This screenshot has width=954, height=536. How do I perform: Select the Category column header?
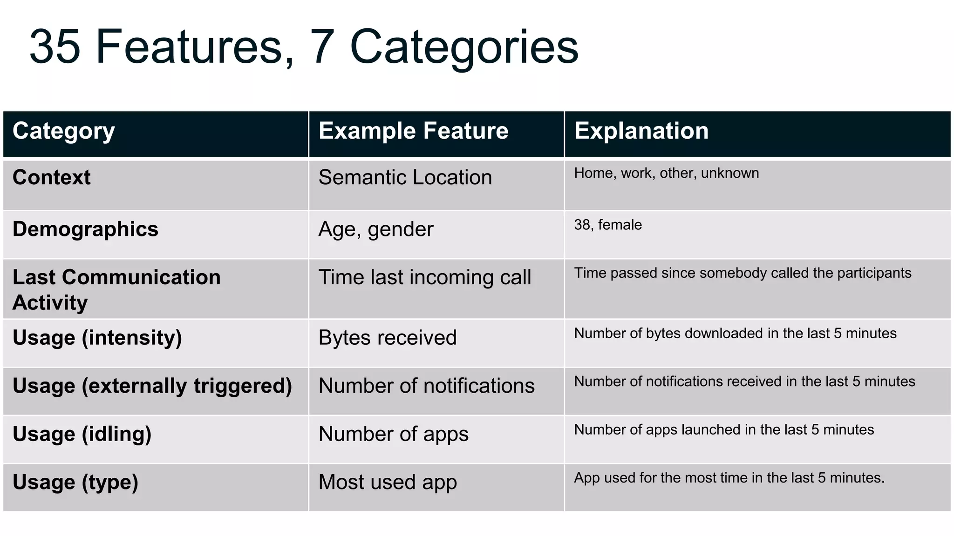pyautogui.click(x=63, y=131)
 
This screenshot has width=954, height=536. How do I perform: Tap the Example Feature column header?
pyautogui.click(x=413, y=131)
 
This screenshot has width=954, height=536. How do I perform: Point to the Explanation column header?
pyautogui.click(x=641, y=131)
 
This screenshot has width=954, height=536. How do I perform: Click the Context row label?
pyautogui.click(x=52, y=177)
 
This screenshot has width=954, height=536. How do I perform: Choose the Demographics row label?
pyautogui.click(x=85, y=229)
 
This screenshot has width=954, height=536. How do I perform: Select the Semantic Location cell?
pyautogui.click(x=405, y=177)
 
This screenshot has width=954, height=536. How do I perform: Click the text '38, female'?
pyautogui.click(x=607, y=225)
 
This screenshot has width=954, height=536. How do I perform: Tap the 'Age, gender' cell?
pyautogui.click(x=375, y=229)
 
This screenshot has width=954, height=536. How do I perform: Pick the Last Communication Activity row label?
pyautogui.click(x=116, y=289)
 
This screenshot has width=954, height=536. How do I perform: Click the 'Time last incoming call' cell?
pyautogui.click(x=424, y=277)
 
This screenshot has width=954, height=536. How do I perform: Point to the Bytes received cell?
pyautogui.click(x=387, y=338)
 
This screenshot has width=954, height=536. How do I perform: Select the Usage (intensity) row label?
pyautogui.click(x=97, y=338)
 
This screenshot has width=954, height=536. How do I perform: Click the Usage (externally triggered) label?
pyautogui.click(x=152, y=386)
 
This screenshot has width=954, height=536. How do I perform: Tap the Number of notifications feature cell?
pyautogui.click(x=426, y=386)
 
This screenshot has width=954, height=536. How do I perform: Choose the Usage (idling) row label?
pyautogui.click(x=82, y=434)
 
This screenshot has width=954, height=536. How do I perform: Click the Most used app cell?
pyautogui.click(x=387, y=482)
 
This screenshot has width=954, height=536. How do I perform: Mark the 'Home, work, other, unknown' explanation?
pyautogui.click(x=666, y=173)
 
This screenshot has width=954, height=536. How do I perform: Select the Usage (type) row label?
pyautogui.click(x=75, y=482)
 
